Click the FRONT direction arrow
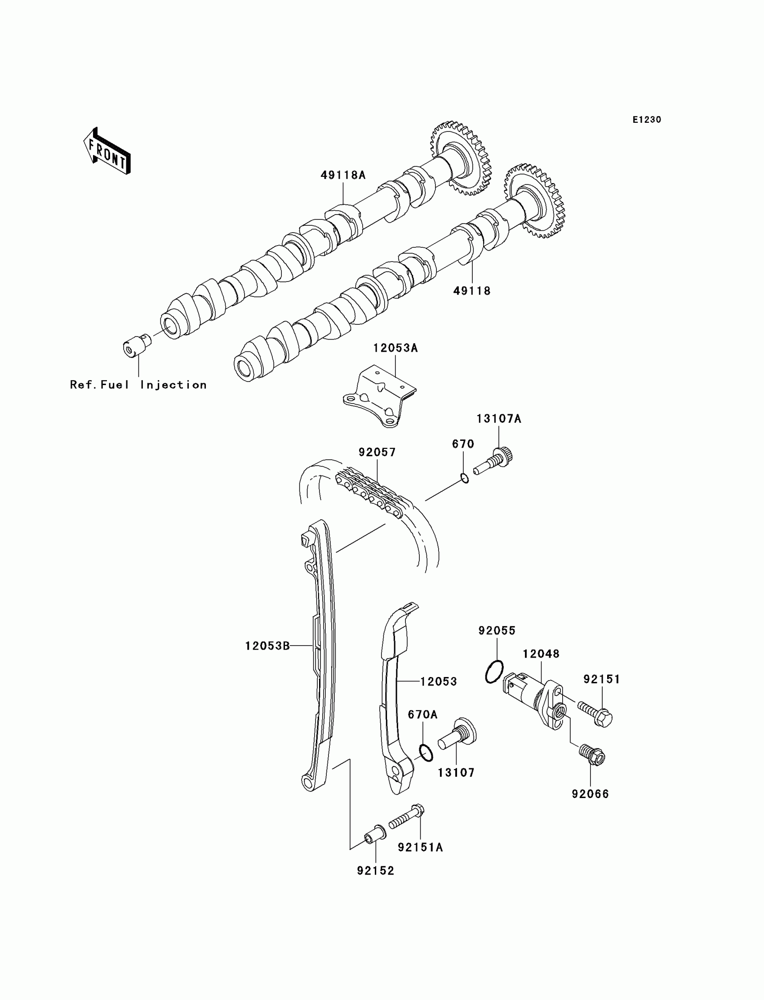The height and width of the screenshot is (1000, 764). [107, 152]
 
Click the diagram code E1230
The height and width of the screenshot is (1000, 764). [647, 120]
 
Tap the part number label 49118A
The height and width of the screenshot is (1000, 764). [343, 175]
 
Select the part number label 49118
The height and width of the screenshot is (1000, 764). [472, 291]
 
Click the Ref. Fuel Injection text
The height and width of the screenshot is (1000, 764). [138, 385]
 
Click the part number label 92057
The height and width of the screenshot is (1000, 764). [377, 452]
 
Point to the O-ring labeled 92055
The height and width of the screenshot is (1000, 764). [494, 672]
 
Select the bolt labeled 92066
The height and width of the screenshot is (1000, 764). [592, 755]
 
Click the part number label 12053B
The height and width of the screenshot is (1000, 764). [267, 646]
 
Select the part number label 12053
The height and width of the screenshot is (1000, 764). [438, 682]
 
